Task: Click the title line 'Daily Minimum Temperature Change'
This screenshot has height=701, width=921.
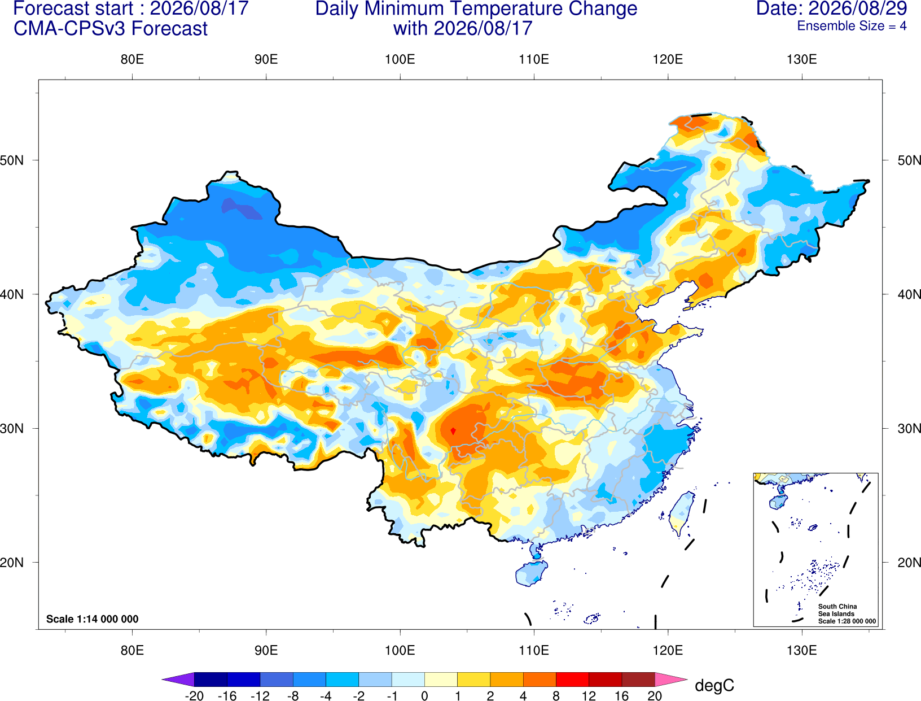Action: tap(476, 8)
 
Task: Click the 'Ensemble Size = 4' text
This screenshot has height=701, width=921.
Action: tap(852, 26)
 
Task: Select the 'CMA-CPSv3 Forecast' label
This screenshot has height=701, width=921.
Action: tap(111, 29)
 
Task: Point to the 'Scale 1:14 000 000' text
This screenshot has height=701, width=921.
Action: tap(93, 619)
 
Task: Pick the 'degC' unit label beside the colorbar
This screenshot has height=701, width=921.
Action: tap(714, 685)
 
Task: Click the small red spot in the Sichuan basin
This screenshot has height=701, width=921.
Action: tap(453, 431)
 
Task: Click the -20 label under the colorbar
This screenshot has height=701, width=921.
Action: tap(194, 696)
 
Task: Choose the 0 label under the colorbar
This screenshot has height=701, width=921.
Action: tap(424, 696)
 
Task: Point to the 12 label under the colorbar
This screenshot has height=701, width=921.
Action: tap(589, 696)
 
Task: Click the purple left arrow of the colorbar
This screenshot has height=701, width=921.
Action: tap(178, 679)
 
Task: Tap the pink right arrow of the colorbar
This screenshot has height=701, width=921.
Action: tap(672, 679)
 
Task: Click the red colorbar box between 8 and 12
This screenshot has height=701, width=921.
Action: tap(572, 679)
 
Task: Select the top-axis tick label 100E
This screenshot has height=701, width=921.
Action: tap(400, 59)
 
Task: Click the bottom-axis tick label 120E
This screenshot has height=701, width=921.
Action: tap(668, 651)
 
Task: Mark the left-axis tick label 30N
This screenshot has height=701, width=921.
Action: tap(12, 428)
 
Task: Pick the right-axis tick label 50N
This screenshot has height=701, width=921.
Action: tap(909, 160)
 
